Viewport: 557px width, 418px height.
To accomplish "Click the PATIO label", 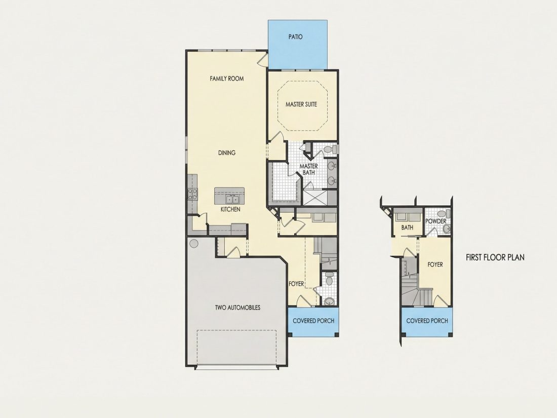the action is [x=296, y=36].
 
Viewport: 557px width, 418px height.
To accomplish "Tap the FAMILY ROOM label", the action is [x=227, y=78].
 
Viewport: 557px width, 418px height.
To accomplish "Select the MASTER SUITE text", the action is [x=301, y=104].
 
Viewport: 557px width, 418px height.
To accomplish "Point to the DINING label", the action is [x=227, y=153].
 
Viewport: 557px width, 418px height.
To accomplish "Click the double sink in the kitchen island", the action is [x=233, y=200].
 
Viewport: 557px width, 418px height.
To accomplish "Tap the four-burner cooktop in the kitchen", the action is [x=192, y=194].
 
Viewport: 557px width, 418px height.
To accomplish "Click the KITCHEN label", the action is [x=230, y=209].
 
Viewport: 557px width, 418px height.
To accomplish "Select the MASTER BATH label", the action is [x=309, y=169].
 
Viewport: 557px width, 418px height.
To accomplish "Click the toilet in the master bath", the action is [x=330, y=149].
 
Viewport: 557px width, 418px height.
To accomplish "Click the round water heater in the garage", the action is [x=193, y=244].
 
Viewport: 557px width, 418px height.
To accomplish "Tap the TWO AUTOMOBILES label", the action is [x=237, y=308].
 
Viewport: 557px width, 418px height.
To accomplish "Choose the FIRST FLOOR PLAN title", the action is [x=495, y=257].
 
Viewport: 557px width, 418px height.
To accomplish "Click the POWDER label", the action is [x=436, y=221].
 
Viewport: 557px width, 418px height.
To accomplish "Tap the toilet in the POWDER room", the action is [x=444, y=214].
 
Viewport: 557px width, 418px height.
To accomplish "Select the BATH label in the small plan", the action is [x=407, y=227].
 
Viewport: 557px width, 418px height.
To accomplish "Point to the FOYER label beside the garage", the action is [x=296, y=284].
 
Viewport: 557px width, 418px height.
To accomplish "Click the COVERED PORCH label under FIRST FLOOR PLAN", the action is [x=427, y=321].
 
